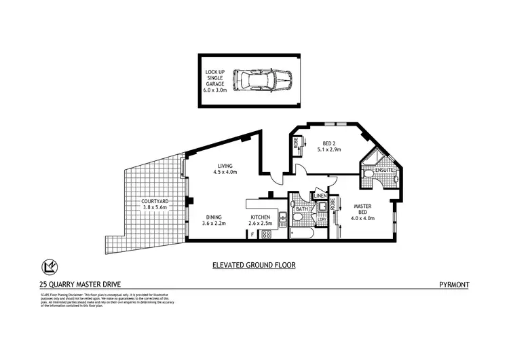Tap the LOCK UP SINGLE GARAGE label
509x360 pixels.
tap(217, 80)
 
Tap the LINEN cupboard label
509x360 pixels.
tap(320, 197)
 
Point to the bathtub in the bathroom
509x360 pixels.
tap(299, 233)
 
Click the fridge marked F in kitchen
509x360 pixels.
tap(252, 234)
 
